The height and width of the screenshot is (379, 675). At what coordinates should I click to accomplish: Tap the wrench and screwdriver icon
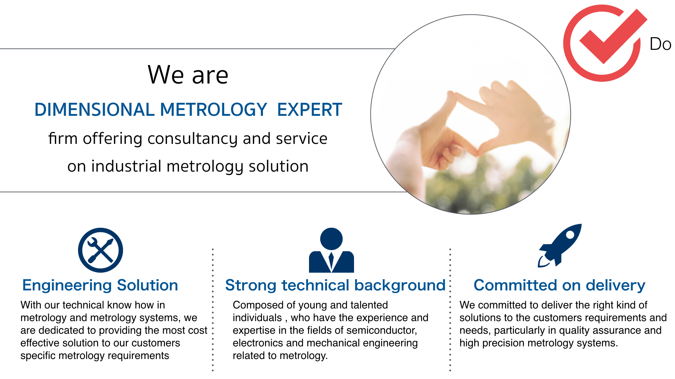click(101, 250)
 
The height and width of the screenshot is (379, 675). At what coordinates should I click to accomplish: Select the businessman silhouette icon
click(331, 250)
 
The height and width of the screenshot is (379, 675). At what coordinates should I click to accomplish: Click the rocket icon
click(560, 246)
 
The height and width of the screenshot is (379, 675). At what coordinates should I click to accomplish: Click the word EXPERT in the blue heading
click(309, 109)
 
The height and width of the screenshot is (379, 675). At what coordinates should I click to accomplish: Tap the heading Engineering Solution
click(100, 285)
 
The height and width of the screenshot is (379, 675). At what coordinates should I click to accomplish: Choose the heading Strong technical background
click(335, 285)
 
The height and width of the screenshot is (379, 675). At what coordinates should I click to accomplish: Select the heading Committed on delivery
click(559, 285)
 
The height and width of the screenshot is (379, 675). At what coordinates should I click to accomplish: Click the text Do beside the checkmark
click(661, 44)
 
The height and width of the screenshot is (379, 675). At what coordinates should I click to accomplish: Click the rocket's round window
click(570, 235)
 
